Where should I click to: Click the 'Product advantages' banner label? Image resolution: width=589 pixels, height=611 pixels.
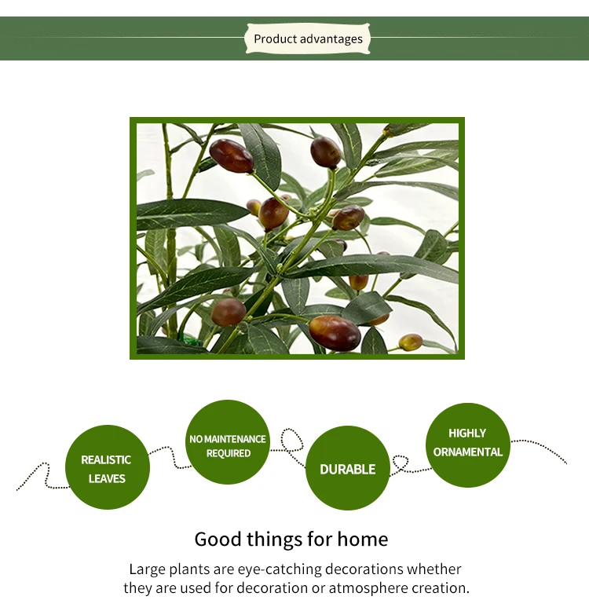(x=308, y=38)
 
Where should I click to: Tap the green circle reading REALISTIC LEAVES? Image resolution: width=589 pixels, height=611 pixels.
(x=107, y=466)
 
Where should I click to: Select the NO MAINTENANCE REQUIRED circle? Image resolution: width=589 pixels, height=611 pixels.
(x=228, y=442)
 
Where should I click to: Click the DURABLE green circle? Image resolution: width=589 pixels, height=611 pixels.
(x=347, y=468)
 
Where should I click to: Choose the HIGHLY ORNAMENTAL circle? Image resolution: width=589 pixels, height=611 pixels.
(x=467, y=445)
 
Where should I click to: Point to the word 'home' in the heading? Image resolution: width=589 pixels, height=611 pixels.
(x=362, y=540)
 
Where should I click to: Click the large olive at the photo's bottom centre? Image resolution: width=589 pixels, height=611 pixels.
(x=335, y=333)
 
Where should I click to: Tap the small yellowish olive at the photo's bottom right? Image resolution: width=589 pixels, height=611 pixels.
(x=411, y=342)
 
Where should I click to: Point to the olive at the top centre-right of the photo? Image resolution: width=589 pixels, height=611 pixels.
(x=326, y=152)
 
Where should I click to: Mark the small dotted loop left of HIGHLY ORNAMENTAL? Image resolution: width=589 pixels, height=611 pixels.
(x=401, y=462)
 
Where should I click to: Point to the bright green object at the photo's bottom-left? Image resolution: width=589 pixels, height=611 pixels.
(x=191, y=342)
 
